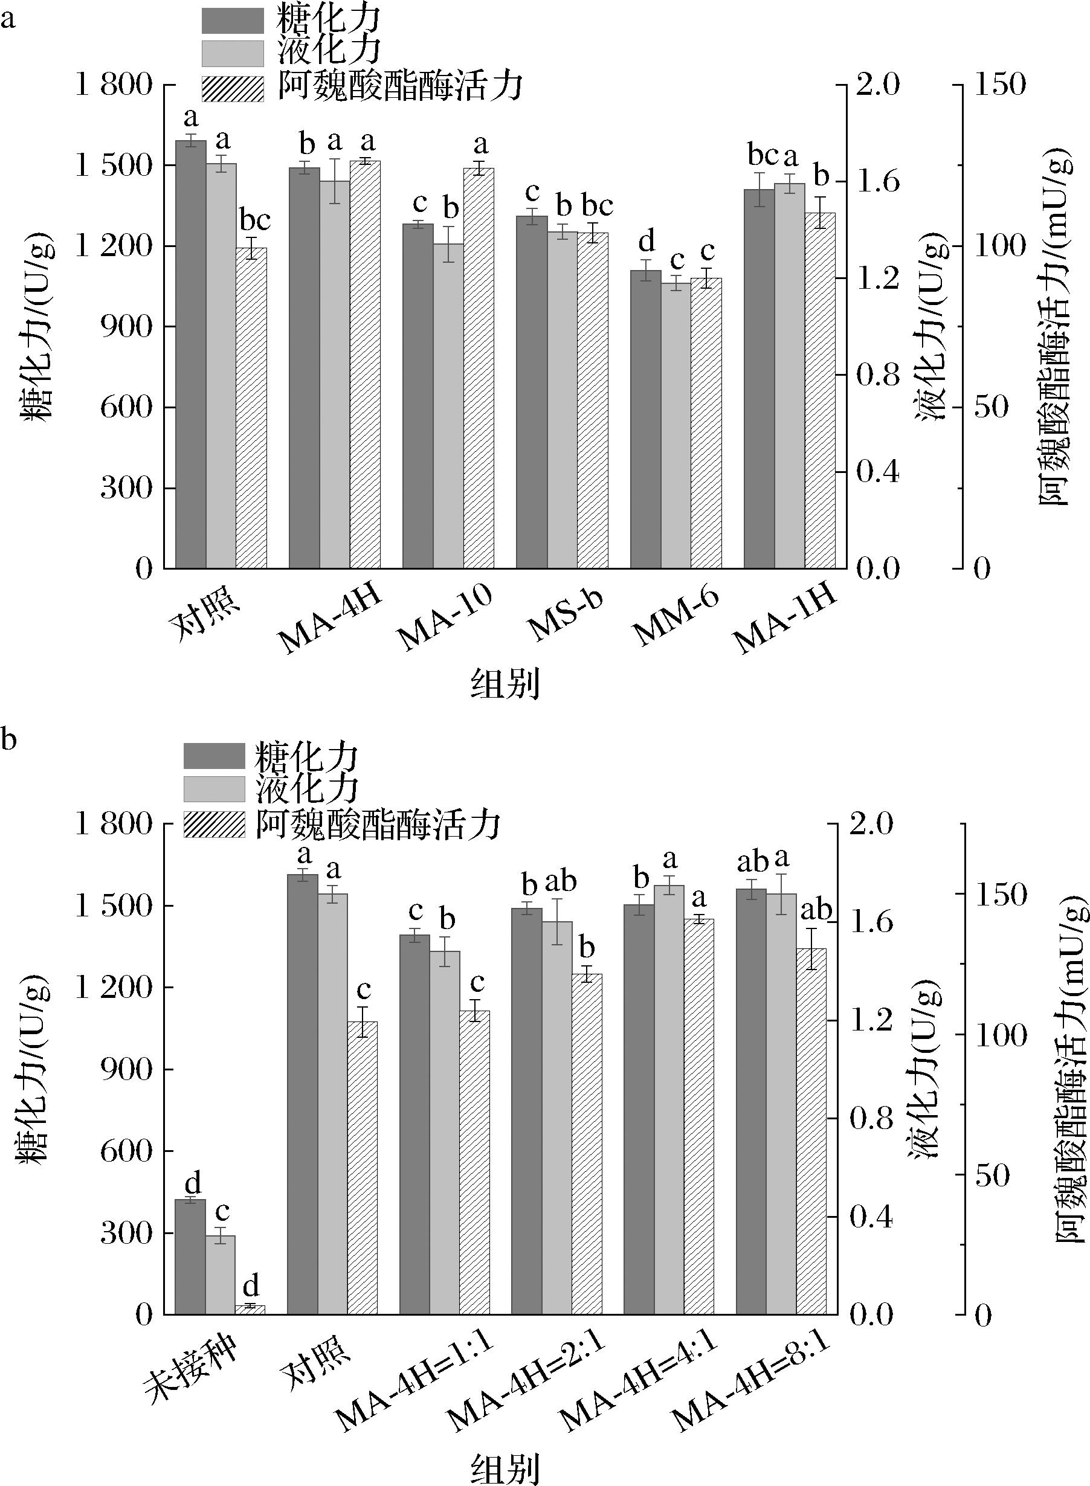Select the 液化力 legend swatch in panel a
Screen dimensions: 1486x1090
tap(232, 53)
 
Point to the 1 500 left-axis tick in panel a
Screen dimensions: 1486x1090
tap(114, 166)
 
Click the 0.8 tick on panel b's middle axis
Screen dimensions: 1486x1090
tap(870, 1118)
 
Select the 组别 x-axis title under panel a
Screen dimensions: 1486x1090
tap(505, 683)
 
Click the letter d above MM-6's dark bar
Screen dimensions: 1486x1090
tap(647, 242)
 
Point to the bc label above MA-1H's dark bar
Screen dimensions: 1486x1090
tap(763, 156)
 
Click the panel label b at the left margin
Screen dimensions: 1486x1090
tap(8, 740)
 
